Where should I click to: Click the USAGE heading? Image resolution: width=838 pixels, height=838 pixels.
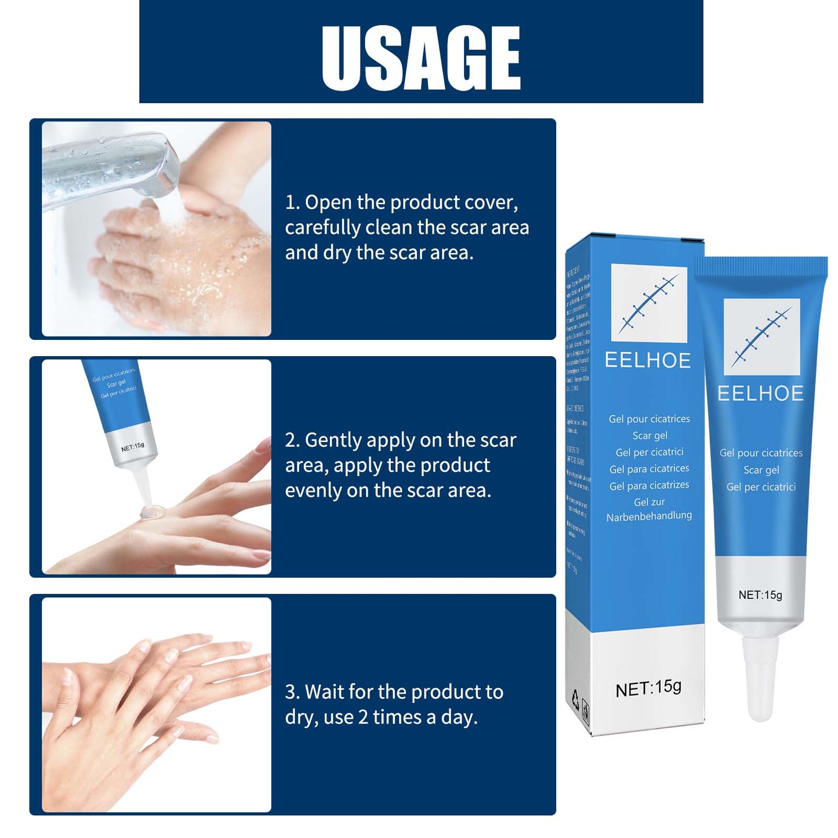(x=421, y=57)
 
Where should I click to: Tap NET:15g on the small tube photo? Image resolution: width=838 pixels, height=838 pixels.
(x=133, y=447)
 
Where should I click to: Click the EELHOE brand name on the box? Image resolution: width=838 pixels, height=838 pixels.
(x=648, y=361)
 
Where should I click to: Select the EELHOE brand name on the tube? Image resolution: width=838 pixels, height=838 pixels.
(x=760, y=394)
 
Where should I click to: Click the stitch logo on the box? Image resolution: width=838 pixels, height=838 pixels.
(x=649, y=303)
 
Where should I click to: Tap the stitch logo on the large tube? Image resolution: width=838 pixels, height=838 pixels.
(x=761, y=337)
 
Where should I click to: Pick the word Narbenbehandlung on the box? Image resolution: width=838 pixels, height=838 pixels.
(x=649, y=516)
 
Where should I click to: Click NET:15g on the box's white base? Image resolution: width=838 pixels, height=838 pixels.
(x=648, y=688)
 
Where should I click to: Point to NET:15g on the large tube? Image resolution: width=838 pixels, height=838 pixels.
(x=760, y=595)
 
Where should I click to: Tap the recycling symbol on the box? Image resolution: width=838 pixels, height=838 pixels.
(x=575, y=698)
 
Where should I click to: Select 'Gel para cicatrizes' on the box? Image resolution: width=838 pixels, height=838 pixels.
(x=649, y=485)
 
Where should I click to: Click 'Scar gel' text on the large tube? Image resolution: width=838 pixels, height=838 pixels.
(x=761, y=470)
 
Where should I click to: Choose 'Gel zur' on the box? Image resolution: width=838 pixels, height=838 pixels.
(x=649, y=502)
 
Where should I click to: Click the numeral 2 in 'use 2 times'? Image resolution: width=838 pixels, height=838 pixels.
(x=363, y=717)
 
